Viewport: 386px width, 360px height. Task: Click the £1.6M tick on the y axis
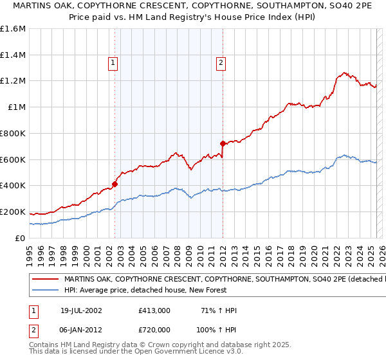tap(14, 29)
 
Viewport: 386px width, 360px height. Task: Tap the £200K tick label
tap(12, 212)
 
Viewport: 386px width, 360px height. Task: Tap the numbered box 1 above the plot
tap(113, 63)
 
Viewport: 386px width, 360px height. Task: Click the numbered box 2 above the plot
tap(221, 63)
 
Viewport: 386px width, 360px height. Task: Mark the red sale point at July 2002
tap(115, 184)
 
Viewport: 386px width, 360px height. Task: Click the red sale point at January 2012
tap(223, 143)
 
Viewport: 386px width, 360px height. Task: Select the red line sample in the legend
tap(45, 280)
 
